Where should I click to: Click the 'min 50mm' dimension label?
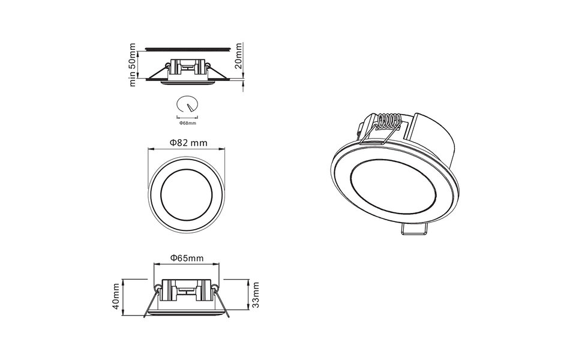133,65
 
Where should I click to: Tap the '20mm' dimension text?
239,56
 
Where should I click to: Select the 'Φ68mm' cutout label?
188,123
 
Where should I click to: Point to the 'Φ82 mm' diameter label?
188,143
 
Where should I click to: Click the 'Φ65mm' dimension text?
187,258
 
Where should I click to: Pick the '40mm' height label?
116,296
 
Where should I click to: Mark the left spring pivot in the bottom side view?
157,287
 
